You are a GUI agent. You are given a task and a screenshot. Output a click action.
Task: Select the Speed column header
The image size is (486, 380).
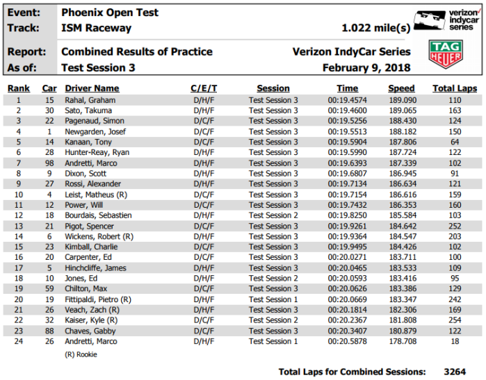pos(401,89)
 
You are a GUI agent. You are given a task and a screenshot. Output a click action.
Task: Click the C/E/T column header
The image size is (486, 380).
pos(204,89)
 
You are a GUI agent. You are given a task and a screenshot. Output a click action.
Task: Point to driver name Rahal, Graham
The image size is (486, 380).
pos(86,100)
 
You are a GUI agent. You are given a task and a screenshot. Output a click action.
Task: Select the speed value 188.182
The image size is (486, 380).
pos(401,131)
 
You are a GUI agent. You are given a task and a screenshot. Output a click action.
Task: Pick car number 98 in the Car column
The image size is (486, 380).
pos(49,163)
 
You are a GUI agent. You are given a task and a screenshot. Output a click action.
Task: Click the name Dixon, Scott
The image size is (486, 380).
pos(83,174)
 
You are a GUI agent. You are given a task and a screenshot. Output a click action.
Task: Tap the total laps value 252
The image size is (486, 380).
pos(455,226)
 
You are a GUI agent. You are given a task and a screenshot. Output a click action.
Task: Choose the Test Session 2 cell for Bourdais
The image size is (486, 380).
pos(273,216)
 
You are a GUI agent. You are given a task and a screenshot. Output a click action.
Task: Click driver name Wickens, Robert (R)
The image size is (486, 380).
pos(98,237)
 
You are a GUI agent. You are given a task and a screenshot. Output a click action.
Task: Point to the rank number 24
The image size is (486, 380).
pos(19,342)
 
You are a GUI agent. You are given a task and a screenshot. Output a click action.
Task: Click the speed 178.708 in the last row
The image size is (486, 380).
pos(401,342)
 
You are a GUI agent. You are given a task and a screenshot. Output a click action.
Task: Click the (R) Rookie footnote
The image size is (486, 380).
pos(81,354)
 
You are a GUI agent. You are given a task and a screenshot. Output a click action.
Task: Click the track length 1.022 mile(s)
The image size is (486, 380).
pos(375,28)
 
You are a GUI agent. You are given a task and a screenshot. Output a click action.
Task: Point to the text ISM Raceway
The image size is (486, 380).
pos(96,28)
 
